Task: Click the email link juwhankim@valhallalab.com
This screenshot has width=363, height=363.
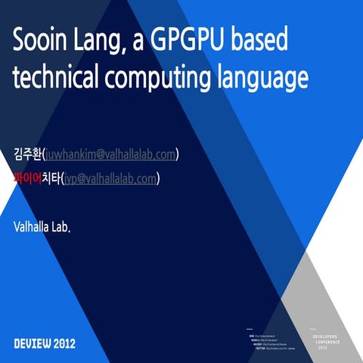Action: pyautogui.click(x=111, y=154)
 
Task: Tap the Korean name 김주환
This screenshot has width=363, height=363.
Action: pyautogui.click(x=27, y=154)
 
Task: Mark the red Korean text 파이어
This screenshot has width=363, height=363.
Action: pyautogui.click(x=27, y=178)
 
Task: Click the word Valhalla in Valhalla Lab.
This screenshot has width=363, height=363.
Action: pyautogui.click(x=32, y=225)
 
